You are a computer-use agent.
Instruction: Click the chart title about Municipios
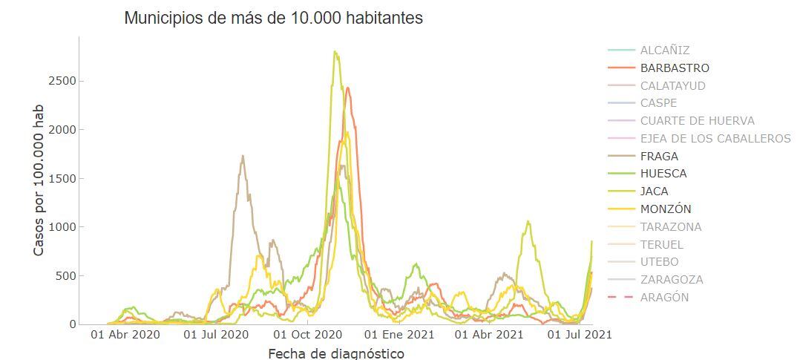click(273, 18)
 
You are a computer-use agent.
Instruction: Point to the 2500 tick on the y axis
click(62, 81)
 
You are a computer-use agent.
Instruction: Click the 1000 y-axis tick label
click(62, 227)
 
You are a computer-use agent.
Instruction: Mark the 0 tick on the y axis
click(73, 324)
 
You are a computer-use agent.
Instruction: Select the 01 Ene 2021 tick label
click(399, 336)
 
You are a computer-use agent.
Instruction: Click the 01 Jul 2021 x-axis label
click(580, 336)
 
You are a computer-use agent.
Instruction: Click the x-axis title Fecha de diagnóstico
click(336, 353)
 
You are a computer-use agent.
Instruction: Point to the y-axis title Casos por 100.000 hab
click(39, 180)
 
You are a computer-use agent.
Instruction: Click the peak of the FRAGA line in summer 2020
click(243, 156)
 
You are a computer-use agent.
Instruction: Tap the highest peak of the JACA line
click(335, 51)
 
